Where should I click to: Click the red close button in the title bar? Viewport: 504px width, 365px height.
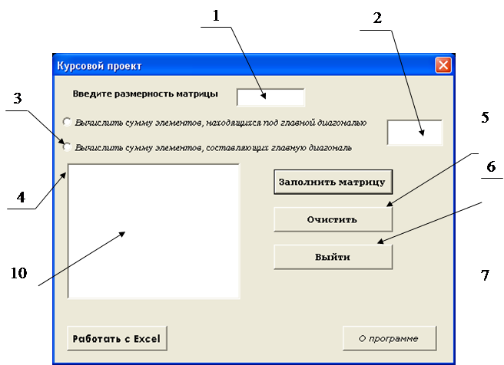(x=443, y=65)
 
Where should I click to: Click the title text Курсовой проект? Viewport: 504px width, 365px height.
(x=99, y=66)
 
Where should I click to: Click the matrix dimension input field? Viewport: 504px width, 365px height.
(x=270, y=97)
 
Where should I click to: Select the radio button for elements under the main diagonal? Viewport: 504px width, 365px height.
(x=68, y=122)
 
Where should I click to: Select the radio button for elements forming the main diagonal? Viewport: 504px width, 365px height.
(x=68, y=146)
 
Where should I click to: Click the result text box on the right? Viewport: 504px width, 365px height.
(x=415, y=132)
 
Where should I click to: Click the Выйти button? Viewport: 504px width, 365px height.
(x=332, y=257)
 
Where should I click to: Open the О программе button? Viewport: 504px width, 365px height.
(x=389, y=337)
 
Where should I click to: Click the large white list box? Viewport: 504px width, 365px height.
(x=154, y=230)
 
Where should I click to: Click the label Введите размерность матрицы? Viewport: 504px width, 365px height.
(x=145, y=94)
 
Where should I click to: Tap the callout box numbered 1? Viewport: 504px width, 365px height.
(x=216, y=15)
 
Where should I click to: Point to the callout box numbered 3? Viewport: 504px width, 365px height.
(x=18, y=97)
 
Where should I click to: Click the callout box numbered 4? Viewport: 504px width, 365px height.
(x=22, y=196)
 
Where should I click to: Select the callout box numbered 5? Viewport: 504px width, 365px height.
(x=484, y=119)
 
